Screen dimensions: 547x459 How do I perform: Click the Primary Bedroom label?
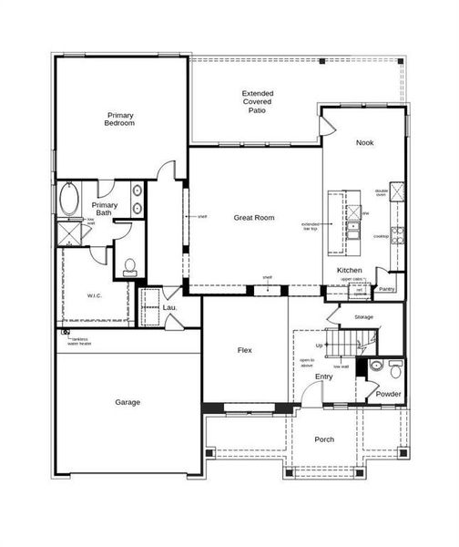pos(120,119)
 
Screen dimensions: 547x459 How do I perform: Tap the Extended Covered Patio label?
pos(258,105)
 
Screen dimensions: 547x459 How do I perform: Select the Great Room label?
pos(253,218)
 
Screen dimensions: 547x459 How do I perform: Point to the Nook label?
pos(364,143)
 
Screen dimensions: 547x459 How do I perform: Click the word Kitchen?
pos(351,271)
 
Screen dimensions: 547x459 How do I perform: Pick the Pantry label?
pos(387,289)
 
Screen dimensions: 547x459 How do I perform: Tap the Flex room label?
pos(244,350)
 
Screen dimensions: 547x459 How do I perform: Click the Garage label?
pos(127,402)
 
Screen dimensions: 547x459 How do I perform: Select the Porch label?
pos(323,439)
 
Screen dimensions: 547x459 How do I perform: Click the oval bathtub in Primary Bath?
pos(68,199)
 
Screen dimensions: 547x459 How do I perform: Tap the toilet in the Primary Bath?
pos(129,266)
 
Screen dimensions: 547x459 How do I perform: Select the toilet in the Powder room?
pos(393,368)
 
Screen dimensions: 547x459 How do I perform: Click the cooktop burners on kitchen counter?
pos(397,232)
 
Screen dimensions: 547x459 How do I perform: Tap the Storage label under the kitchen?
pos(364,316)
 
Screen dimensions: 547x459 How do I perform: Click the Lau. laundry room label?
pos(169,308)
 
